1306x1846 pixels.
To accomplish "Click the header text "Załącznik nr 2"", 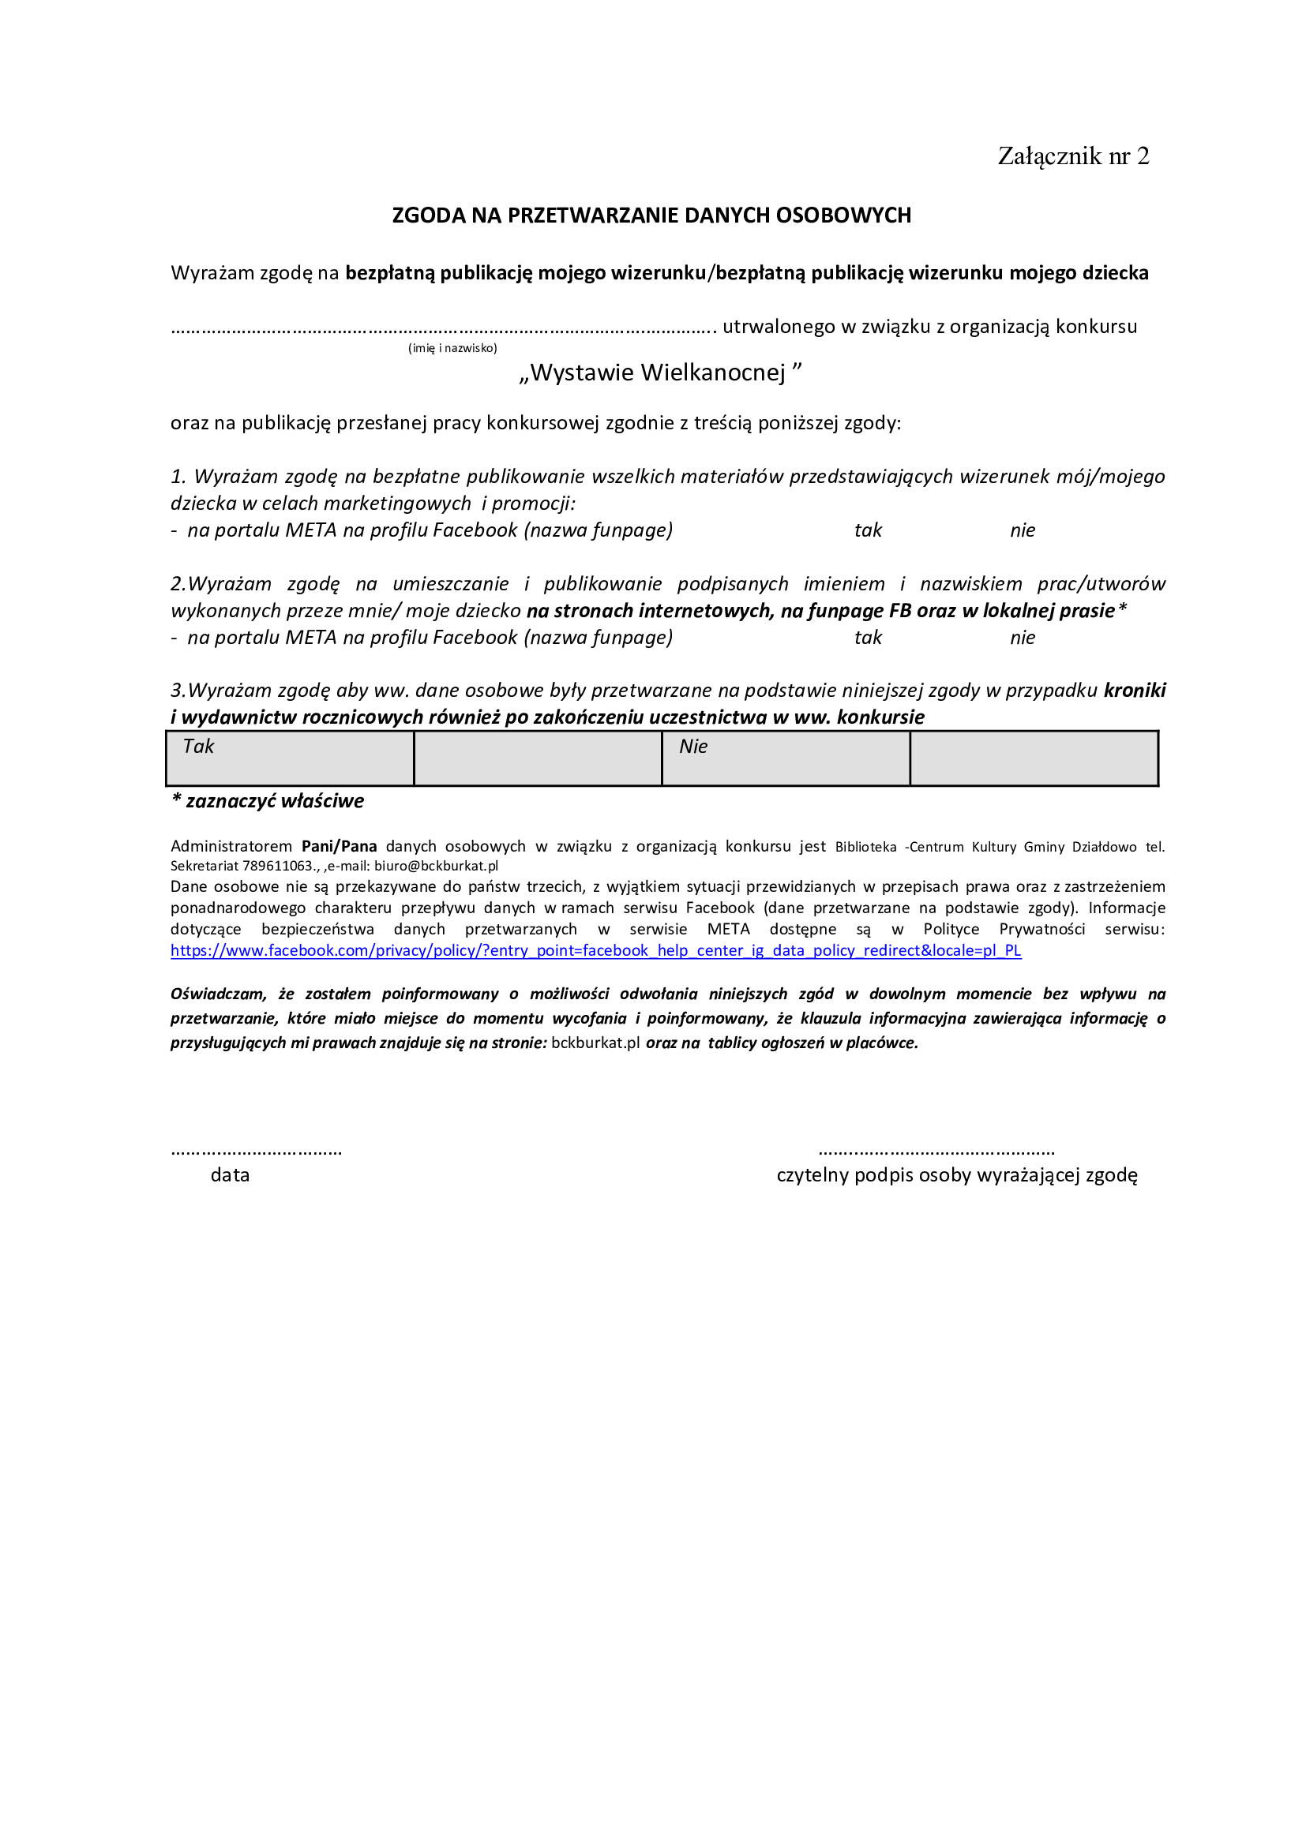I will pyautogui.click(x=1073, y=156).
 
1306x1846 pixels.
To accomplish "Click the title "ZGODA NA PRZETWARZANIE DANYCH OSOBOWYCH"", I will pyautogui.click(x=651, y=215).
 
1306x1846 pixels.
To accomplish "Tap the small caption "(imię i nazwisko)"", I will pyautogui.click(x=452, y=348).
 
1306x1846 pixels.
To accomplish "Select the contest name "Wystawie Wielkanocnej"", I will pyautogui.click(x=659, y=373).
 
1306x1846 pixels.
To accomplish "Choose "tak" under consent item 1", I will pyautogui.click(x=868, y=530).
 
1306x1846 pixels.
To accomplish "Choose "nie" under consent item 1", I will pyautogui.click(x=1022, y=530).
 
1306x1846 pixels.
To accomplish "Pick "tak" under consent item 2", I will pyautogui.click(x=868, y=638).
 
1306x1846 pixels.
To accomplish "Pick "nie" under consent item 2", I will pyautogui.click(x=1022, y=638).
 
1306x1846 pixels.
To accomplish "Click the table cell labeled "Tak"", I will pyautogui.click(x=290, y=758).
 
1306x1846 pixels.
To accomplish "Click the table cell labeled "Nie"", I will pyautogui.click(x=786, y=758).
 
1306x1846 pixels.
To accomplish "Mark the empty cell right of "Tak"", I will pyautogui.click(x=537, y=758).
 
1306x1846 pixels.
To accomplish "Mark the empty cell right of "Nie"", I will pyautogui.click(x=1034, y=758).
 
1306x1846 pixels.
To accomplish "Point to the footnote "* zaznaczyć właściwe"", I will pyautogui.click(x=268, y=801).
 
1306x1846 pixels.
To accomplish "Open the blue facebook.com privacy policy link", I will pyautogui.click(x=595, y=950).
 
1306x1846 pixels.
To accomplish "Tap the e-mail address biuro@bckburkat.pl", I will pyautogui.click(x=436, y=866).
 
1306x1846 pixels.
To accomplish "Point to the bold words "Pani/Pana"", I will pyautogui.click(x=339, y=846).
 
